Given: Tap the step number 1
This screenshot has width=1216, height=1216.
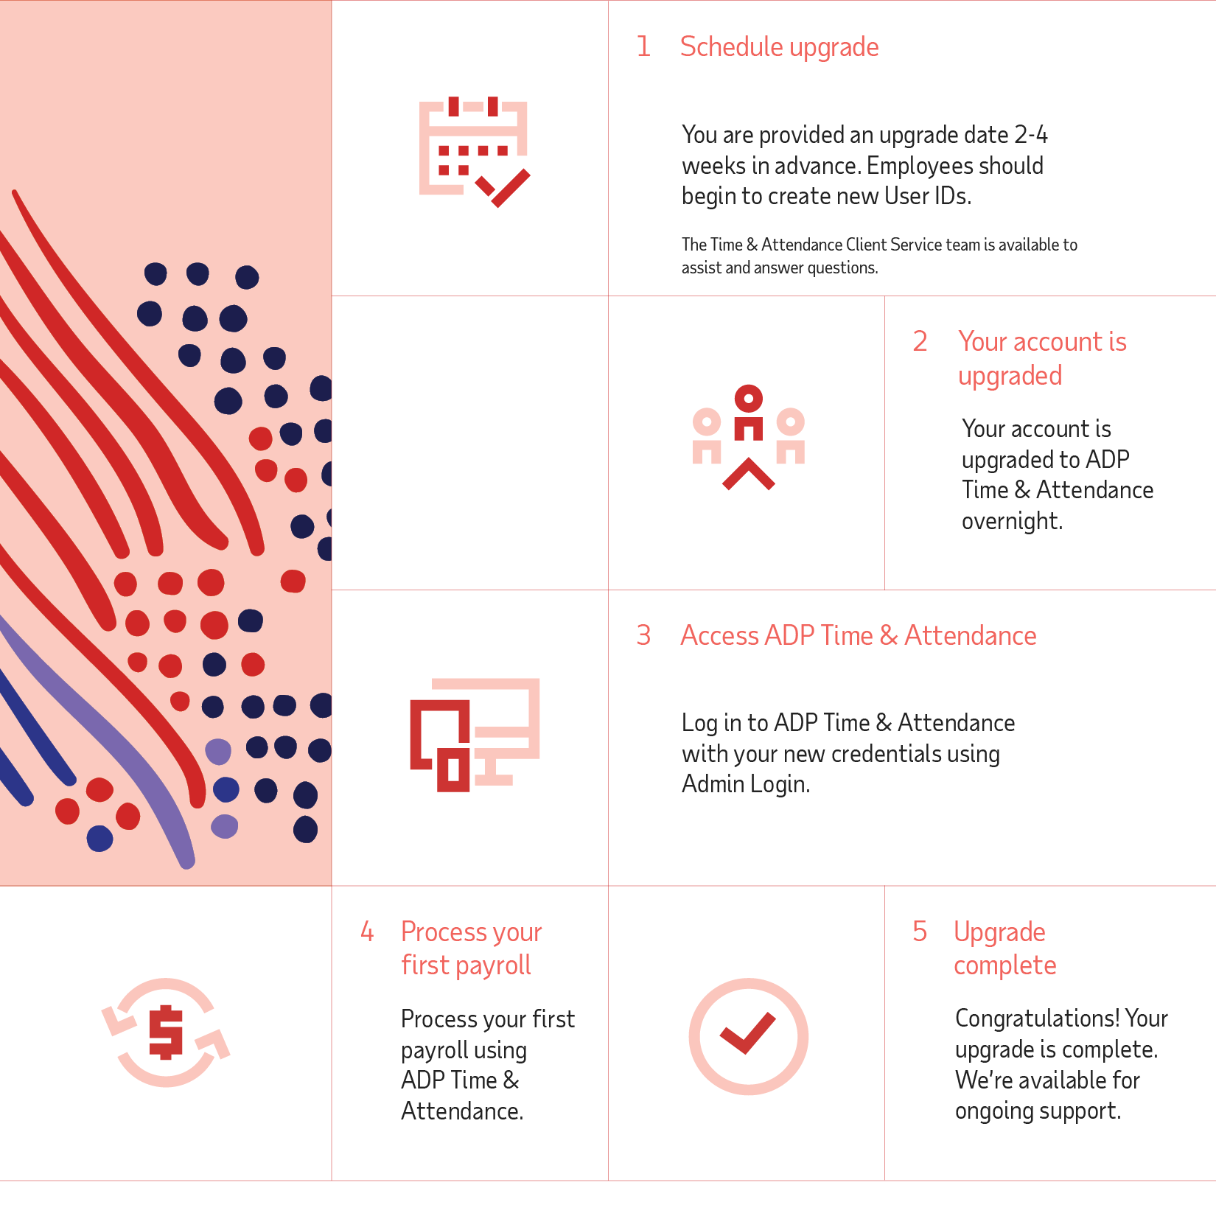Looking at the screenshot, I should (643, 46).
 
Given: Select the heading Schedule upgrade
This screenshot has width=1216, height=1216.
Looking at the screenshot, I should (779, 47).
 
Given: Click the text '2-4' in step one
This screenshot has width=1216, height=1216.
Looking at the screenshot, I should (1030, 135).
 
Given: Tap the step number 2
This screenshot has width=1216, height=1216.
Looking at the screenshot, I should (920, 341).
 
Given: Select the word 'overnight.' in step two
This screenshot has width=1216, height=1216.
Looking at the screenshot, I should (1012, 521).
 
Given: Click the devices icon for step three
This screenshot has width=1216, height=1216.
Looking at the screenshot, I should (475, 735).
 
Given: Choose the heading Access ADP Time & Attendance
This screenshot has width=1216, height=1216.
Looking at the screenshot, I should (858, 635).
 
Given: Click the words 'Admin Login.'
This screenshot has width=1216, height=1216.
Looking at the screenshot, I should (746, 784).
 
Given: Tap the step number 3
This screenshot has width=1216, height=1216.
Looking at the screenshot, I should (643, 635).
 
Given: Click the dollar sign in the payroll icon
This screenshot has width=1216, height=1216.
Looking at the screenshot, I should (166, 1032).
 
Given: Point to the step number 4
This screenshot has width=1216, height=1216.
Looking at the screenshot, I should (367, 932).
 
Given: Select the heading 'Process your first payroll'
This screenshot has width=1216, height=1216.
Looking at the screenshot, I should (471, 948).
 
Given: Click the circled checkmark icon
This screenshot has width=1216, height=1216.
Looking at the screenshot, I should (748, 1035).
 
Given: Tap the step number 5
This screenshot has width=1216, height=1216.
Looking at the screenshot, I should (920, 932).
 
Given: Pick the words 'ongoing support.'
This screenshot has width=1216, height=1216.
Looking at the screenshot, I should (1038, 1111).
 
